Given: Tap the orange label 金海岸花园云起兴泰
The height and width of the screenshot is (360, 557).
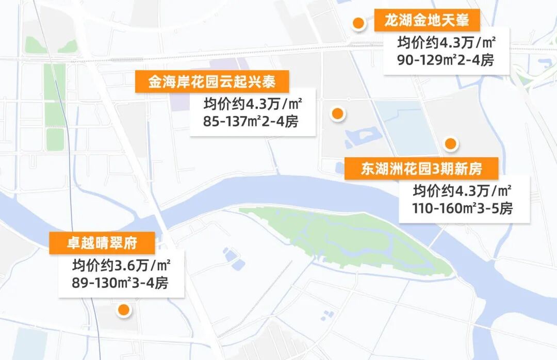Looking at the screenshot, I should [212, 82].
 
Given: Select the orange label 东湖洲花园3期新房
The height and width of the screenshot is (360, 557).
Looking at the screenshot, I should [421, 169].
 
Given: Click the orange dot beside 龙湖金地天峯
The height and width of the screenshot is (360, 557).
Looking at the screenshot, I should [358, 23].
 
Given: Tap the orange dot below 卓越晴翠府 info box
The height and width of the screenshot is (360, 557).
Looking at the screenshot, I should [124, 309].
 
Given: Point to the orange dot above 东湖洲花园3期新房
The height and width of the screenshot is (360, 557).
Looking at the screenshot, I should [451, 144].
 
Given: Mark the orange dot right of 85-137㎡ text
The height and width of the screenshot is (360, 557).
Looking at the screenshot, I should [337, 113].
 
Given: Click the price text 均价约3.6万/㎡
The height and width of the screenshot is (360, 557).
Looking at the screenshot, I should [121, 266].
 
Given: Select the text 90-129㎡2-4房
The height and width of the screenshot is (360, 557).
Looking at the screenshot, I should [446, 60].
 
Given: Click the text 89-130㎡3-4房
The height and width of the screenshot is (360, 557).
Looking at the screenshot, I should [121, 283].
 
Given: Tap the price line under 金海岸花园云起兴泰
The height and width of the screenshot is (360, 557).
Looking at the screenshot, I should [252, 105].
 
